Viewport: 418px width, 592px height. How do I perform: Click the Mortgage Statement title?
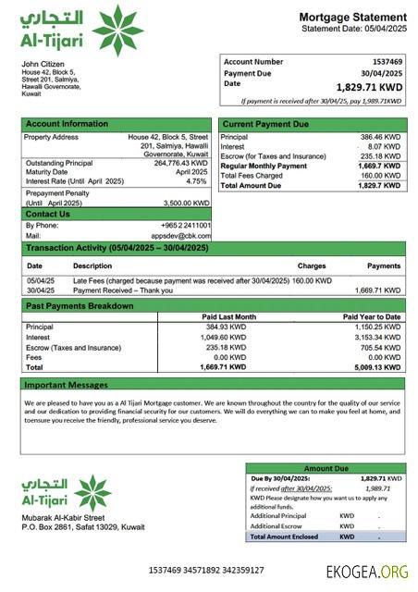click(352, 17)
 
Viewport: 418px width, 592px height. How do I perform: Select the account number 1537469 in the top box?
click(382, 61)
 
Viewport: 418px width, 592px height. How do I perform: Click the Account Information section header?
click(67, 123)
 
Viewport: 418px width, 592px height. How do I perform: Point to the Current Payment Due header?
click(266, 123)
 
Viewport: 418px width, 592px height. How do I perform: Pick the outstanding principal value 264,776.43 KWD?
click(182, 163)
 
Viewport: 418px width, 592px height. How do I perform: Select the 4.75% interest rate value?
click(197, 181)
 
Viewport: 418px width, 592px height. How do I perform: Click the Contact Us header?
click(48, 214)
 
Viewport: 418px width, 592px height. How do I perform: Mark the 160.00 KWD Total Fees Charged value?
click(382, 176)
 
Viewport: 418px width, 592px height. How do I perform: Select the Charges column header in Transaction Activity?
click(312, 266)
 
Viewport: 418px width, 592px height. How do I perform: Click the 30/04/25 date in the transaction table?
click(41, 290)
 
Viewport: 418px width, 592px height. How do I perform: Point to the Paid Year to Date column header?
click(372, 316)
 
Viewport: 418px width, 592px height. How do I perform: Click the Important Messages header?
click(66, 384)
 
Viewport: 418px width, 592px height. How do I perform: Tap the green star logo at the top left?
click(117, 31)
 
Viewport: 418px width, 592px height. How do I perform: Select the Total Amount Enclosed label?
click(286, 536)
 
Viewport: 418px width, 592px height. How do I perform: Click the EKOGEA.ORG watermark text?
click(366, 572)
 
